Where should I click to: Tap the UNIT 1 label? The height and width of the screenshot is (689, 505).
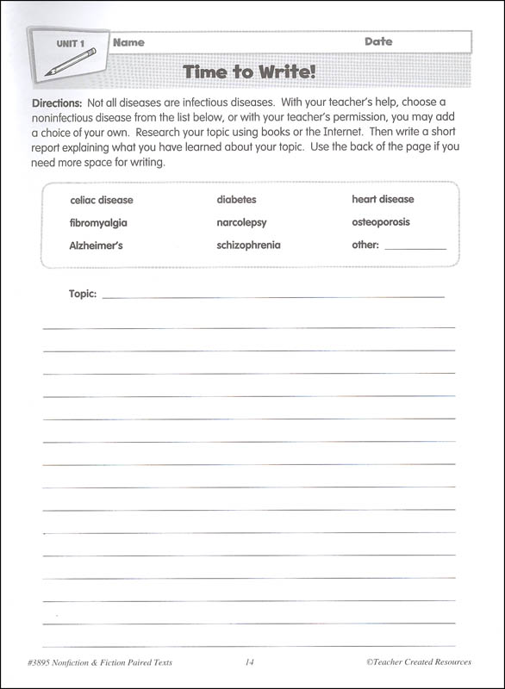(71, 43)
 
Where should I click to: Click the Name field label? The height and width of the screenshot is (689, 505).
(128, 42)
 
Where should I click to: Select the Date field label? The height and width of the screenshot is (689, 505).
(377, 41)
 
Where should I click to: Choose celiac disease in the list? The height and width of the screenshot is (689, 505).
(101, 200)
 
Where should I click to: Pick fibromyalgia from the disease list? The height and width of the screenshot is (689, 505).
(98, 222)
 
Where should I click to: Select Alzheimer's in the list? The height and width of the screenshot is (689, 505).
(96, 245)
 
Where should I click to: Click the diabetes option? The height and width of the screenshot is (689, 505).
(236, 200)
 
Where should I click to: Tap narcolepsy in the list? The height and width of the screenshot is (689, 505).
(241, 222)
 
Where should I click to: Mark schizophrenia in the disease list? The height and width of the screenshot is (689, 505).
(248, 245)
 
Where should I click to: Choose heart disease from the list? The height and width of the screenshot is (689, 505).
(383, 200)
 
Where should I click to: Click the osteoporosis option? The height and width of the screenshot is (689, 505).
(381, 222)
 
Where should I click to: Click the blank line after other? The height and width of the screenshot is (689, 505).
(415, 247)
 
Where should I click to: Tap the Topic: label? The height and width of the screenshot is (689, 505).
(83, 294)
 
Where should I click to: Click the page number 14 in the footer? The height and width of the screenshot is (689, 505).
(249, 662)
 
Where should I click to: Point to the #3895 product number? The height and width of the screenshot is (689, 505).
(41, 662)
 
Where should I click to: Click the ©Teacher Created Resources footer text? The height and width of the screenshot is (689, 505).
(418, 662)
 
